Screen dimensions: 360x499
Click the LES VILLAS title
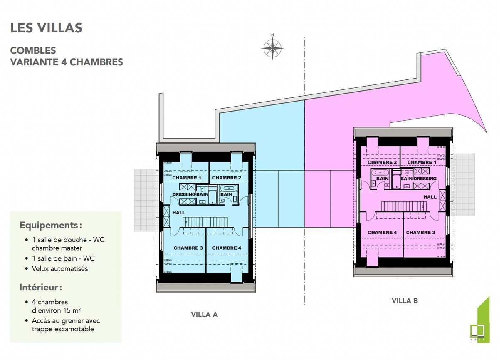(x=46, y=28)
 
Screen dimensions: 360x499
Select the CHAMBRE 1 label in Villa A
(x=187, y=178)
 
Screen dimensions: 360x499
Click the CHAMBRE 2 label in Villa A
(x=227, y=178)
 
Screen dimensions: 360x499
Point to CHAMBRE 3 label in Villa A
(x=188, y=248)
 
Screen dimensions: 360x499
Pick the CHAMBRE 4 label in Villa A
(x=227, y=248)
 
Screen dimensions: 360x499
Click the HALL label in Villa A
(x=178, y=213)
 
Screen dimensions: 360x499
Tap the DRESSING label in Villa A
(x=184, y=194)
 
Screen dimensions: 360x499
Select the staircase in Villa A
(x=205, y=221)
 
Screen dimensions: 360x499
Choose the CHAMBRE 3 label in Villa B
(x=420, y=233)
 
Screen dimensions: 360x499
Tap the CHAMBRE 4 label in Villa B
(x=382, y=233)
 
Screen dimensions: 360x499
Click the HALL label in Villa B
(x=430, y=197)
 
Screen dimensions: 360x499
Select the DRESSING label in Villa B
(x=425, y=179)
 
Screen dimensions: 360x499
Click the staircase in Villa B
(x=404, y=206)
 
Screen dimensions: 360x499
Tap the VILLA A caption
(x=204, y=315)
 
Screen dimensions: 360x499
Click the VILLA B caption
(x=405, y=300)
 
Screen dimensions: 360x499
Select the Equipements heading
(x=51, y=226)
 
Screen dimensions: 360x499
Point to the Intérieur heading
(x=41, y=288)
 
